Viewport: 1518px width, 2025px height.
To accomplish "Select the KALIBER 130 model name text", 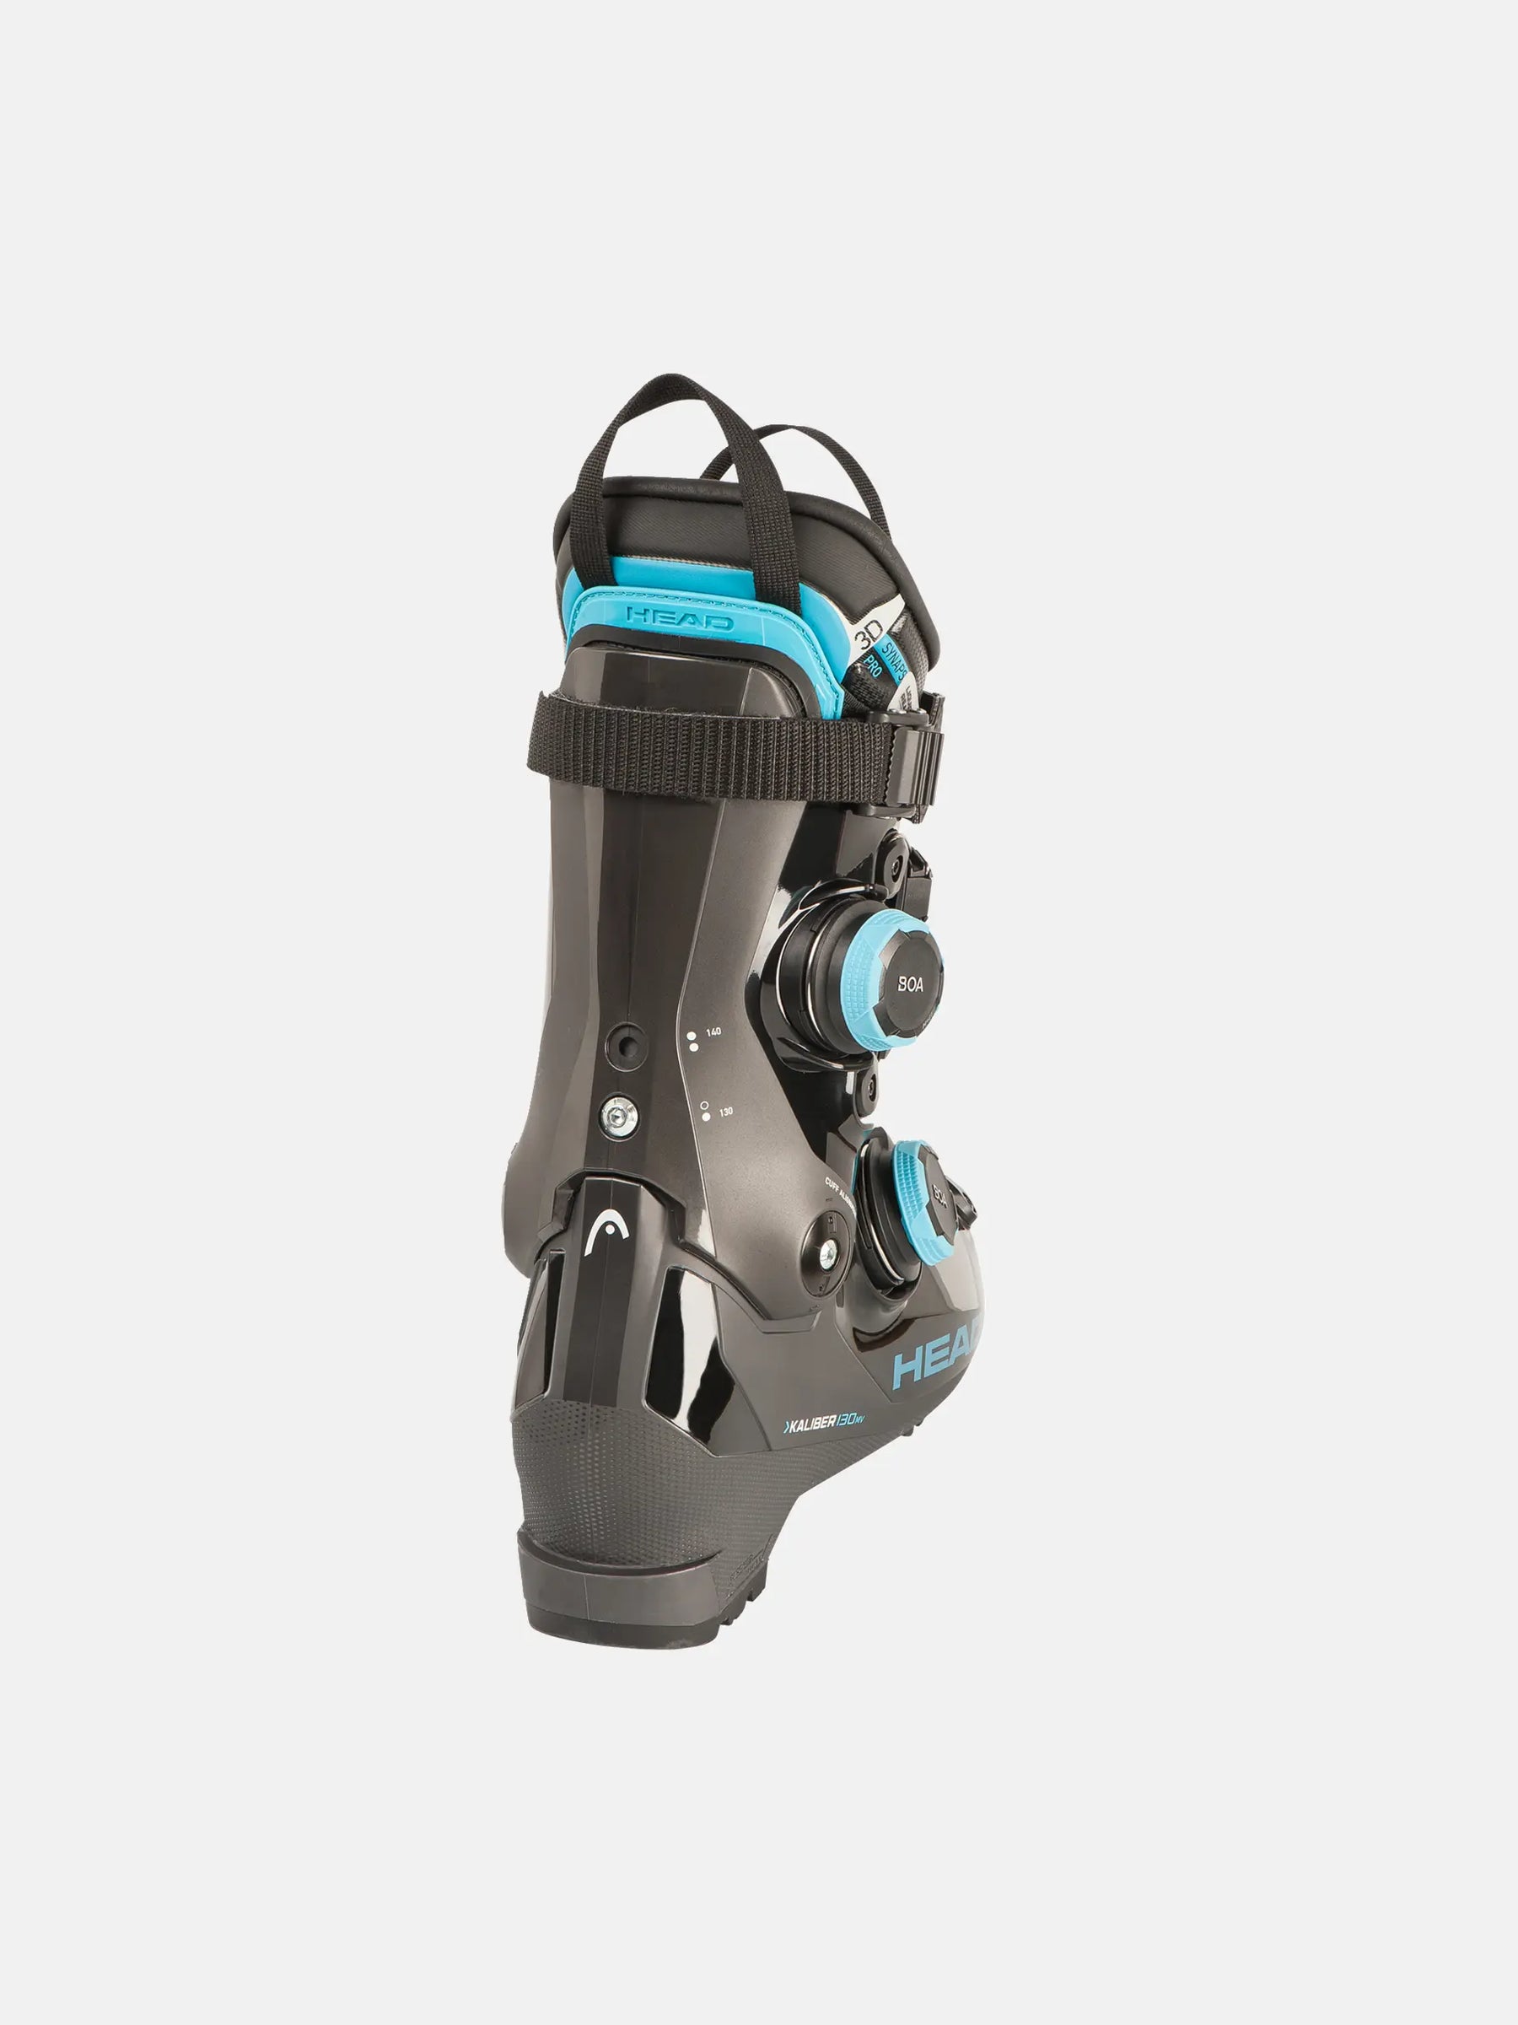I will pyautogui.click(x=822, y=1423).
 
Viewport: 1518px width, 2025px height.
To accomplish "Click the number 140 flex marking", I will pyautogui.click(x=713, y=1031).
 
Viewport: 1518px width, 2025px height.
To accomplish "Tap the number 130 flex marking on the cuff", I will pyautogui.click(x=725, y=1112).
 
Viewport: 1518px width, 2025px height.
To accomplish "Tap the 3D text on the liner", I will pyautogui.click(x=867, y=633).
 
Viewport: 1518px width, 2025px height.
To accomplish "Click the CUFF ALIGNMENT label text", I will pyautogui.click(x=837, y=1188).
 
